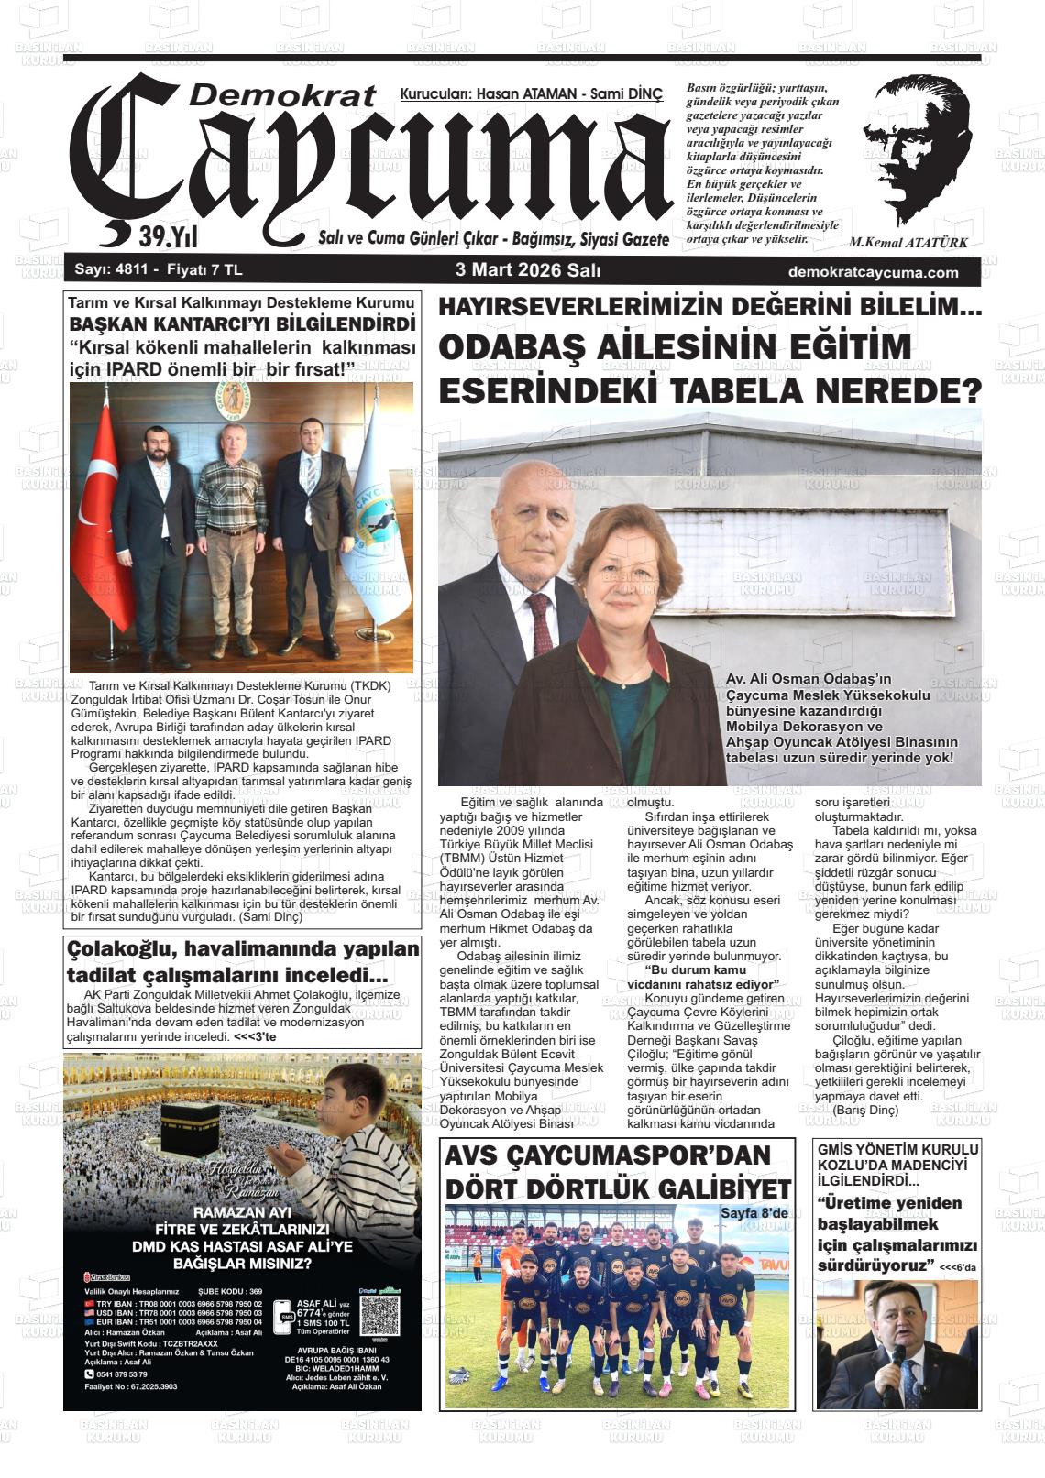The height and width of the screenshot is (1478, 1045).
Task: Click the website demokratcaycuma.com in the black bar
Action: (x=873, y=272)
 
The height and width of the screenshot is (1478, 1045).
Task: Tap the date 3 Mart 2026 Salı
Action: (x=528, y=271)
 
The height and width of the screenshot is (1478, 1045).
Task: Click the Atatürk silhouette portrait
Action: (x=917, y=151)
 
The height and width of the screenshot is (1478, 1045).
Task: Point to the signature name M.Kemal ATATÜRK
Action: (x=907, y=244)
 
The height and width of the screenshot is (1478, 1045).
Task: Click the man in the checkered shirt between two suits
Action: (x=232, y=531)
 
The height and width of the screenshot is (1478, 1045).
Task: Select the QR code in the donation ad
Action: (x=380, y=1315)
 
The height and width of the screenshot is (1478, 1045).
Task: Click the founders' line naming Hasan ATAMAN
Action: (x=531, y=94)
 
